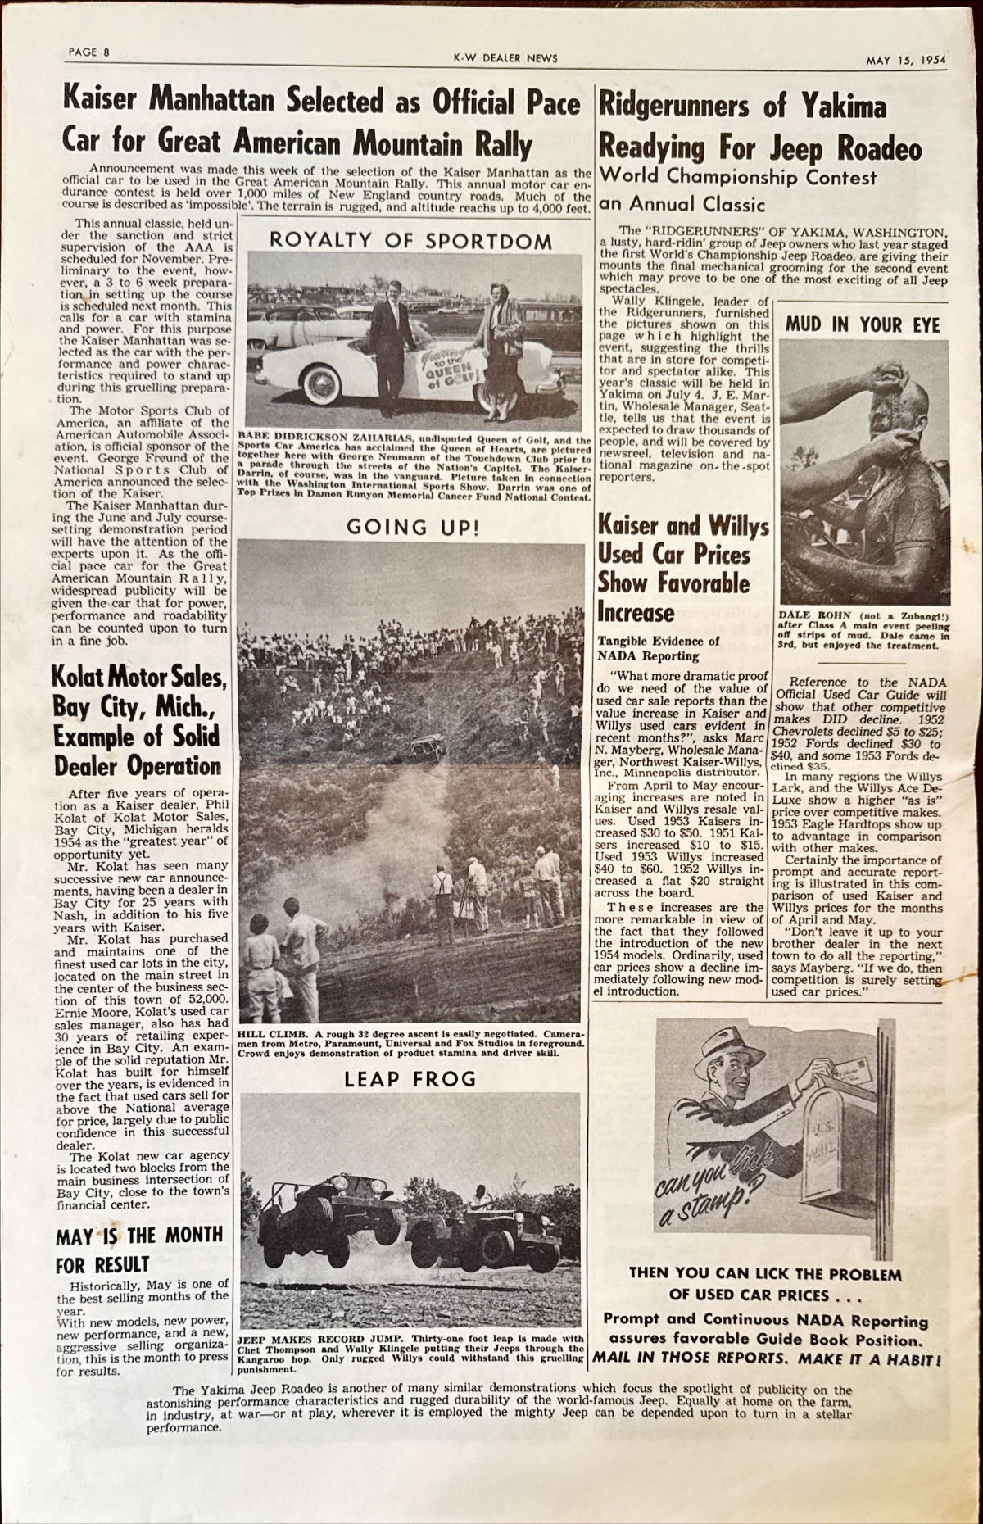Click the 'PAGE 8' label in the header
(89, 52)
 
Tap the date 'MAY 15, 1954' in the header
(907, 59)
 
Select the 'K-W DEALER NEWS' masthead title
(505, 57)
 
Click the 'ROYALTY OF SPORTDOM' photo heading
(410, 240)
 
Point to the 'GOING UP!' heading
(412, 527)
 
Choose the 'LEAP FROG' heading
(410, 1080)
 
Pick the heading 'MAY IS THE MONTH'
(139, 1236)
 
